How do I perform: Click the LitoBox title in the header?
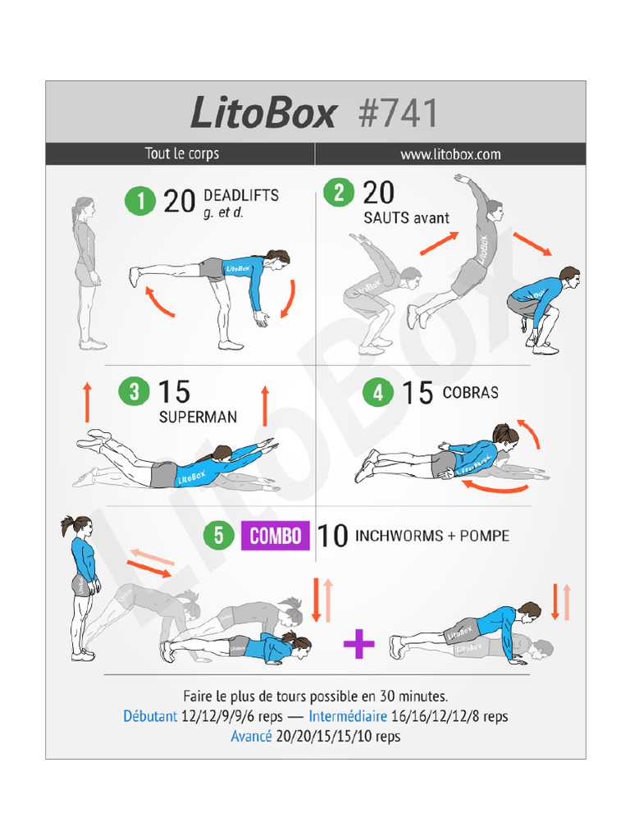click(262, 112)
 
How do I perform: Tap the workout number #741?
click(398, 112)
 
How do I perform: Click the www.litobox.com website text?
click(450, 154)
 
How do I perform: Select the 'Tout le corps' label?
click(181, 154)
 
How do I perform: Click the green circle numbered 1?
click(140, 201)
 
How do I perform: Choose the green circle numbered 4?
click(377, 393)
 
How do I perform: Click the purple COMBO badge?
click(275, 536)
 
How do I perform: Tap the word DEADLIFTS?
click(240, 196)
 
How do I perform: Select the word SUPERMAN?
click(198, 417)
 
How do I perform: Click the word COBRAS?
click(470, 393)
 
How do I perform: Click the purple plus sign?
click(358, 644)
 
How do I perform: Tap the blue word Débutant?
click(150, 716)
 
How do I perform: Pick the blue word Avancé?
click(251, 736)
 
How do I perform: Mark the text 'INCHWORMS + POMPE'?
click(432, 536)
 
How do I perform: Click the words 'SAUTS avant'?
click(406, 218)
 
